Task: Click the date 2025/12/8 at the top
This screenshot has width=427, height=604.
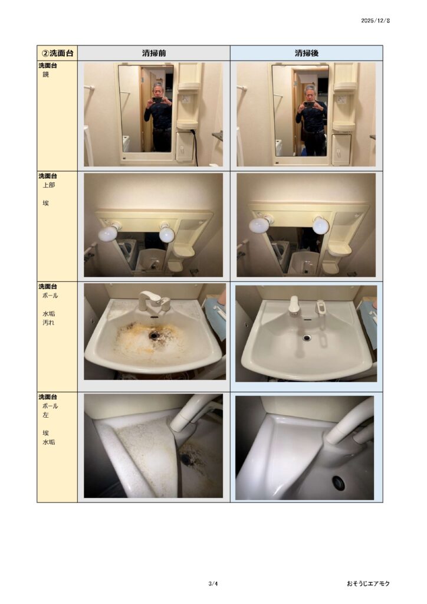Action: point(376,21)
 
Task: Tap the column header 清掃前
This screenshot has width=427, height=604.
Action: point(153,53)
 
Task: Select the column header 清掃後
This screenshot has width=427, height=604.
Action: point(307,53)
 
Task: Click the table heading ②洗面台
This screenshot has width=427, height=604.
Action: point(57,53)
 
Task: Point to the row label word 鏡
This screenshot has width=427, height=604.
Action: point(46,75)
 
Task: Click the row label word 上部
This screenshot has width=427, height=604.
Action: point(49,185)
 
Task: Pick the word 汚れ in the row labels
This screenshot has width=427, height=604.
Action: point(48,323)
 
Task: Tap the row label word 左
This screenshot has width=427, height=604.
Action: point(46,415)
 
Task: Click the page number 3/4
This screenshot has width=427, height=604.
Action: point(213,583)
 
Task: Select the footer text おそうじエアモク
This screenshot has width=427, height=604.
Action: point(368,583)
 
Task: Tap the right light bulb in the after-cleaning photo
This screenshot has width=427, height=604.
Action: point(320,225)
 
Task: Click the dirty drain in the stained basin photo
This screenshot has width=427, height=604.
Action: point(154,336)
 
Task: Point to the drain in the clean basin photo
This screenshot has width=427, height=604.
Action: point(307,338)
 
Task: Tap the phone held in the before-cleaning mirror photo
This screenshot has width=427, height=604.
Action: point(157,100)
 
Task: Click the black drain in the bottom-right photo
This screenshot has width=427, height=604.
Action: point(339,482)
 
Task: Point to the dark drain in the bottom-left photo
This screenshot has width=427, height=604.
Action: point(186,458)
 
